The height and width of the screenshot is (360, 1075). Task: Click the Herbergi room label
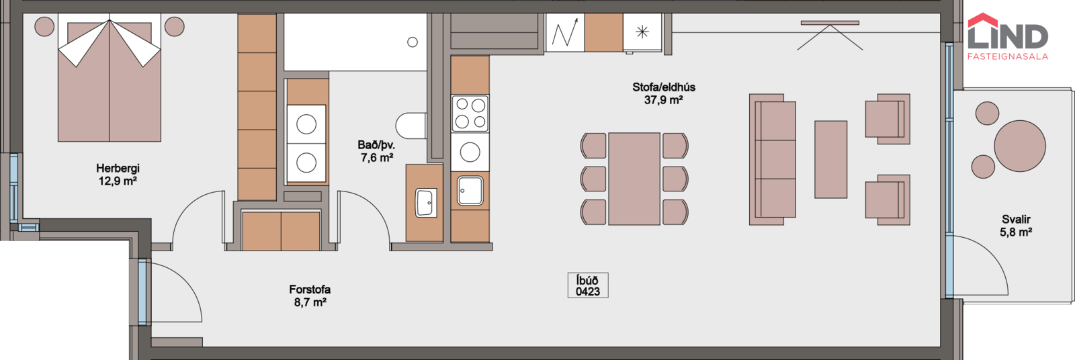point(118,169)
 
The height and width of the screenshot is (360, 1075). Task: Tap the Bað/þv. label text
point(376,145)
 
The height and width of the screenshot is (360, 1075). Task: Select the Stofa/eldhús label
point(664,87)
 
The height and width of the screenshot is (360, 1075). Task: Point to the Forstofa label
point(310,290)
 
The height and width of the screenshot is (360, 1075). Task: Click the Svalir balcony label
point(1016,220)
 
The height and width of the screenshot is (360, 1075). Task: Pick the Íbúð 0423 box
point(588,285)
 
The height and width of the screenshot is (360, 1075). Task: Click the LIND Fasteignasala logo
point(1008,36)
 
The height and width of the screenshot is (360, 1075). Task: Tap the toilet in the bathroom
point(411,126)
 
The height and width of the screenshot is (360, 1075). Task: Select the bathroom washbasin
point(426,203)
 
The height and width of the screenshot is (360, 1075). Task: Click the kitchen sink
point(470,191)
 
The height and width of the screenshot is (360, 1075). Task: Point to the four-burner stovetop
point(470,114)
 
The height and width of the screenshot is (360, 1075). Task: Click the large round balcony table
point(1020,146)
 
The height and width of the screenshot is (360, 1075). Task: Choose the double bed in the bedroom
point(110,77)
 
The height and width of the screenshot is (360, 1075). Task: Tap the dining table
point(634,179)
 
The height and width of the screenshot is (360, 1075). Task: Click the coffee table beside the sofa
point(830,159)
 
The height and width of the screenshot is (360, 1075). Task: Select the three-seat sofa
point(773,159)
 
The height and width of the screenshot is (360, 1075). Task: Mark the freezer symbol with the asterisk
point(642,32)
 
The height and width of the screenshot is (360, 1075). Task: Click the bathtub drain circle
point(413,42)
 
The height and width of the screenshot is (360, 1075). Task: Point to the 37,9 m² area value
point(664,100)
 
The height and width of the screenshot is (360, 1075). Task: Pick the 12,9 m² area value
point(118,181)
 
